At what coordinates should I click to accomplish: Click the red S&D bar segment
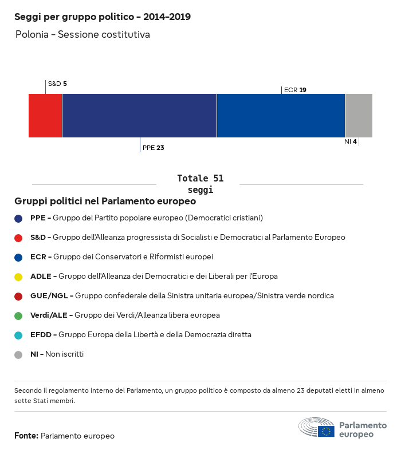coord(45,116)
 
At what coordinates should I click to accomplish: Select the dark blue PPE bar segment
coord(139,116)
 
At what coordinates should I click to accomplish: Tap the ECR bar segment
coord(281,116)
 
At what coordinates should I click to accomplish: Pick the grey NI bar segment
coord(359,116)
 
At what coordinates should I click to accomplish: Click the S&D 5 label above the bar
coord(57,84)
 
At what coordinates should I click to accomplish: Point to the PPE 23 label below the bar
coord(153,148)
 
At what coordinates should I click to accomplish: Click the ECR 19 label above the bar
coord(295,90)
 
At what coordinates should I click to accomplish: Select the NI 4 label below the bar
coord(351,141)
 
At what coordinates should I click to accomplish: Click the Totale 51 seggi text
coord(200,184)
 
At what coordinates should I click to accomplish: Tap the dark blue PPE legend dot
coord(18,218)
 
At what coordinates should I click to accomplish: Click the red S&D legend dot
coord(18,238)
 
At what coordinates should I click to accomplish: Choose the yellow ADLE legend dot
coord(18,277)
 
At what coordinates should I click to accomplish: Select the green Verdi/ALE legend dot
coord(18,315)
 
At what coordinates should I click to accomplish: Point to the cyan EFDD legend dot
coord(18,335)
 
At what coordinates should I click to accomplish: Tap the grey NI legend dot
coord(18,354)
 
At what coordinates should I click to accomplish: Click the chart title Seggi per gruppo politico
coord(103,17)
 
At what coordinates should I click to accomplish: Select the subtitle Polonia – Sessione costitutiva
coord(82,35)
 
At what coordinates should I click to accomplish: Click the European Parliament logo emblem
coord(316,428)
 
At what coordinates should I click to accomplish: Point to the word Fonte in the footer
coord(26,436)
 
